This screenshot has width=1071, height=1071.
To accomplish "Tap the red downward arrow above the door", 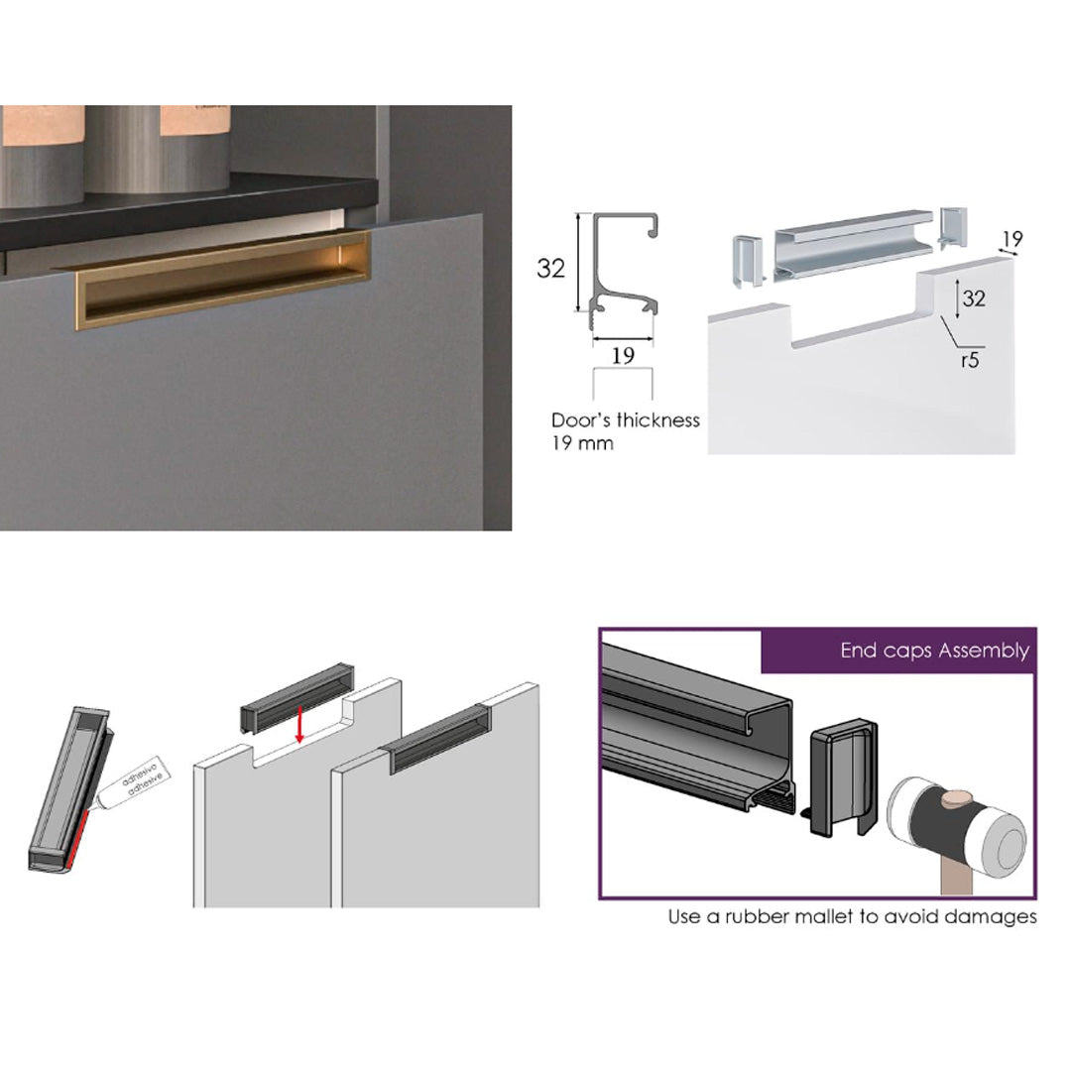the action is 299,724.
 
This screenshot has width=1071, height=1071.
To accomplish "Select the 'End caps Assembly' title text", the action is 934,651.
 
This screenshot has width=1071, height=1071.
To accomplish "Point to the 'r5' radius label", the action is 970,360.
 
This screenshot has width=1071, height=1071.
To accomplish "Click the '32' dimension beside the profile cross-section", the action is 550,268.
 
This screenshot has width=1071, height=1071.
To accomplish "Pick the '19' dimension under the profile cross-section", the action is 622,355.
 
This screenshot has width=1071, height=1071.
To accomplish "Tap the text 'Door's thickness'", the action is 626,420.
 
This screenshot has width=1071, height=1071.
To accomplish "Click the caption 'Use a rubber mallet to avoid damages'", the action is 853,916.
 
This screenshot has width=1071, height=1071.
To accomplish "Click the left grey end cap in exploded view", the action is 748,260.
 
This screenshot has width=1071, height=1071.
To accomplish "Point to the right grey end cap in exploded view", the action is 954,227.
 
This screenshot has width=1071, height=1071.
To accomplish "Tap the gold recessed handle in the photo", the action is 223,280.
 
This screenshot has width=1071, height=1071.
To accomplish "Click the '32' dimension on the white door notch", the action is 974,297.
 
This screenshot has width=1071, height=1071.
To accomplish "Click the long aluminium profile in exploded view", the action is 853,245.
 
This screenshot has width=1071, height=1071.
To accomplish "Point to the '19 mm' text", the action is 582,443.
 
